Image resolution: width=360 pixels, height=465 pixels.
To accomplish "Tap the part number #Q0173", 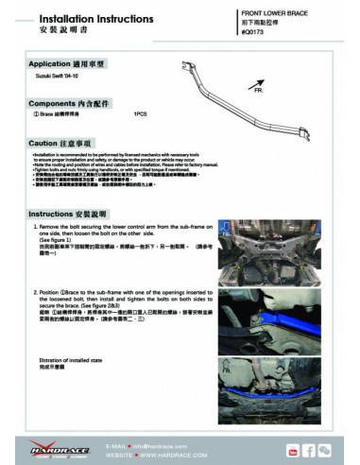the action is pos(255,32).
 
